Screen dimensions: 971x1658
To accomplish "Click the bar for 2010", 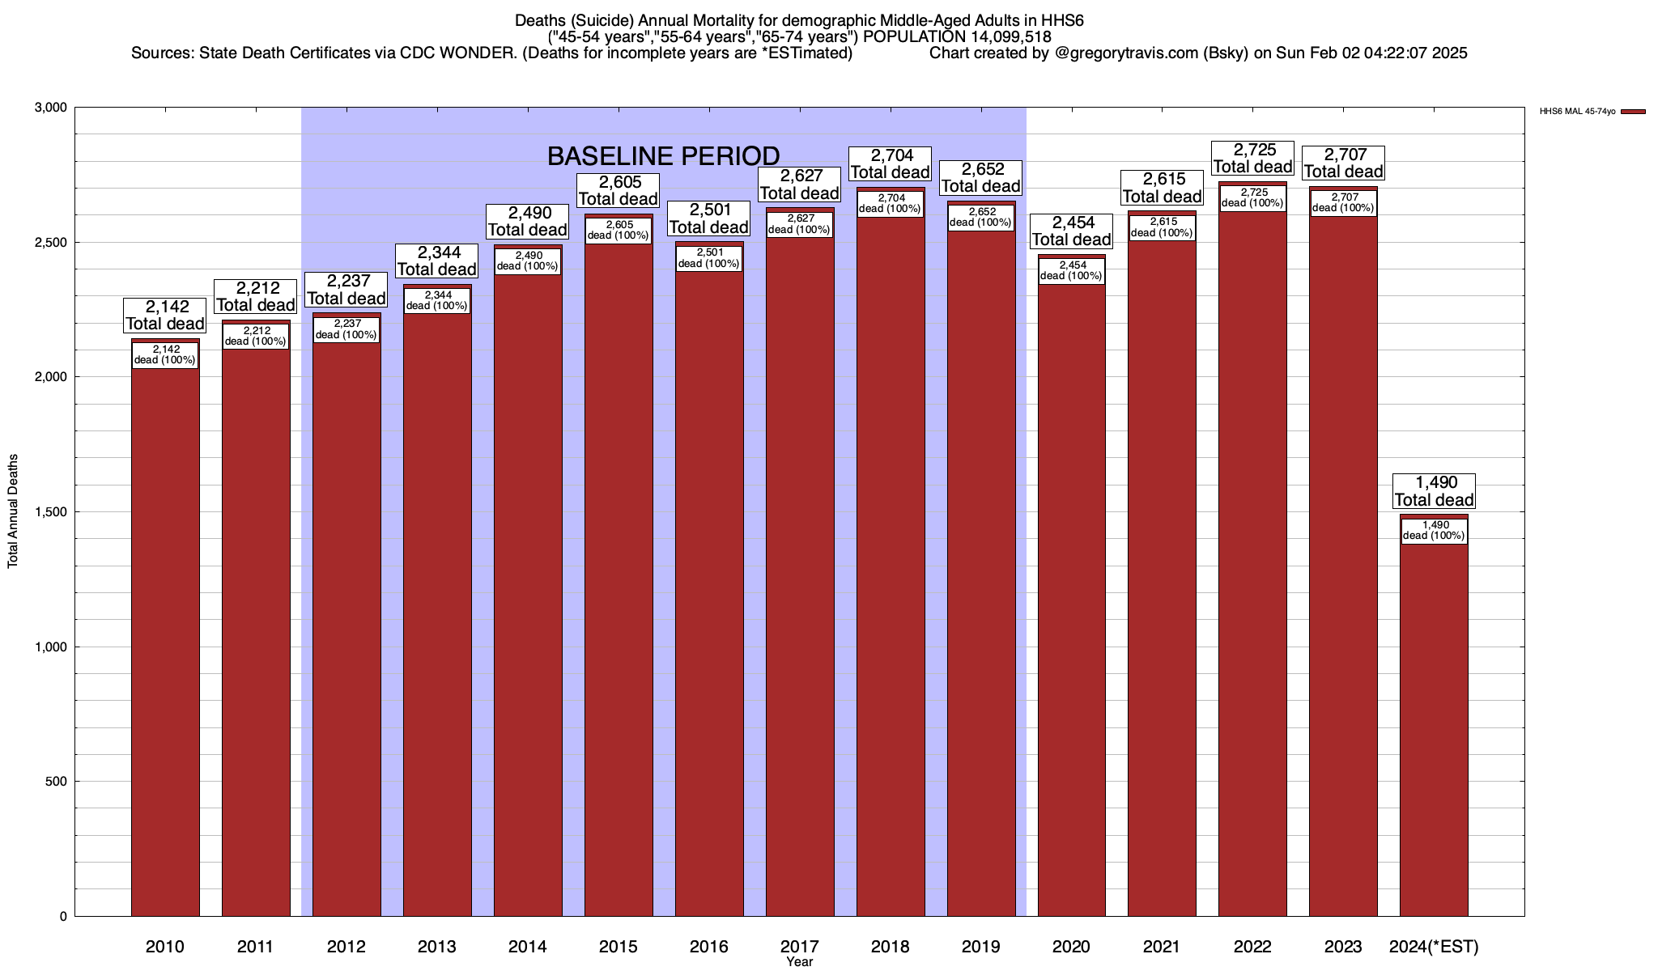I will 165,639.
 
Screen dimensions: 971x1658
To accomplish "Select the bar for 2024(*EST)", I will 1434,728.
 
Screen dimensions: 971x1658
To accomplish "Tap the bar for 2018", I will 891,566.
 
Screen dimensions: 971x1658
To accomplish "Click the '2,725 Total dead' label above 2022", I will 1252,159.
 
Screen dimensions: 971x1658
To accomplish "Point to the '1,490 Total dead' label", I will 1434,491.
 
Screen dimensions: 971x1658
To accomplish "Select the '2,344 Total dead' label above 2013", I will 437,261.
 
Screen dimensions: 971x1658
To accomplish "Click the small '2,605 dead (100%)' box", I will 619,231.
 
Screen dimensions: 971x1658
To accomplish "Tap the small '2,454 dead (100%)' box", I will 1071,270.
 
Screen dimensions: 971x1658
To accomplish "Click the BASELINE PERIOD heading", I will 664,155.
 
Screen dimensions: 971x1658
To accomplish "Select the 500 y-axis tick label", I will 56,782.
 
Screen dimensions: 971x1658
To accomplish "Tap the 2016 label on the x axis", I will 709,946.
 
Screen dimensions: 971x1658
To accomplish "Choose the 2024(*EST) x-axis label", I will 1434,946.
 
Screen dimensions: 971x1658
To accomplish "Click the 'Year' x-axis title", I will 799,962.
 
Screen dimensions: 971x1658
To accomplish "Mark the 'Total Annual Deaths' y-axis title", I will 13,511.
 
